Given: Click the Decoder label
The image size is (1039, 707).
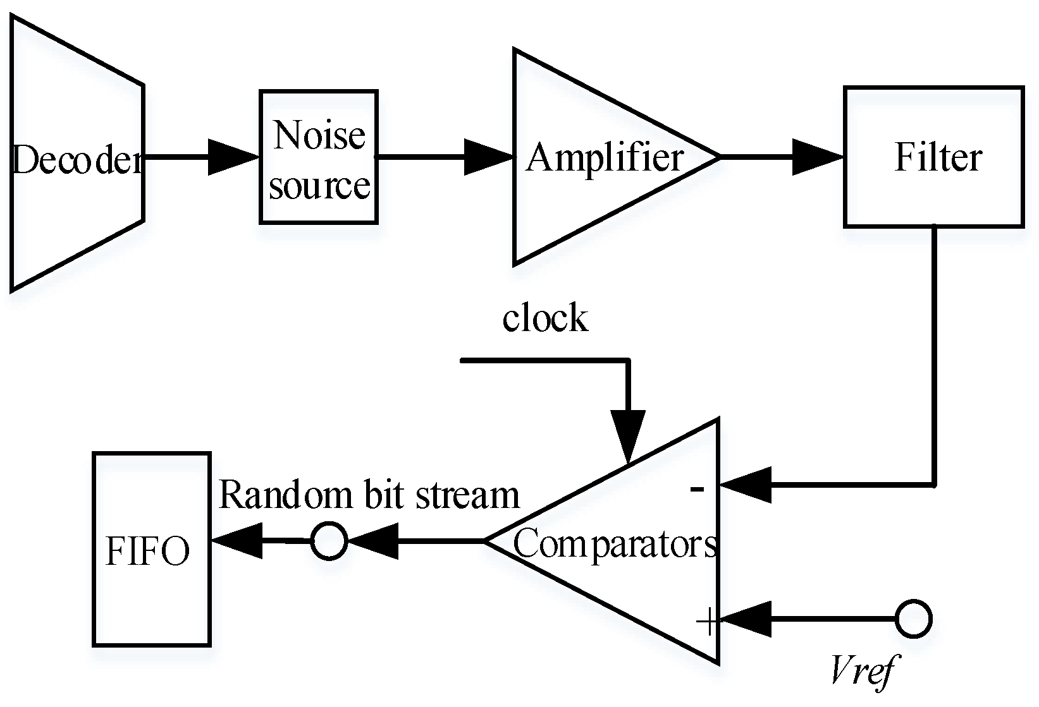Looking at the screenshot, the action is click(77, 159).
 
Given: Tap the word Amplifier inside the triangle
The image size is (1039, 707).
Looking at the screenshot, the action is click(605, 158).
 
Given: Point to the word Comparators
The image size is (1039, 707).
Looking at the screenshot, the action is click(615, 545).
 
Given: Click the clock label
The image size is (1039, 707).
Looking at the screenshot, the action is click(546, 317).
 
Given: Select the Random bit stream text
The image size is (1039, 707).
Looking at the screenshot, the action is click(369, 495).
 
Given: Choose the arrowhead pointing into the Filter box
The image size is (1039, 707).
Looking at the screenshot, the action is click(818, 157).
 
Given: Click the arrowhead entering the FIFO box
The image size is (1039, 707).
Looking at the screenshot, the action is click(237, 541).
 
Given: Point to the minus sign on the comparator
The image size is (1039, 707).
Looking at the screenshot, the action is click(697, 489).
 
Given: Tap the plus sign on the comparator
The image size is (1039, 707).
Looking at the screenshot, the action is click(708, 620).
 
